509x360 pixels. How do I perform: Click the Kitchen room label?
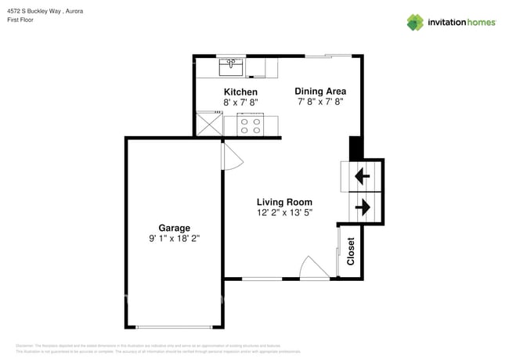pos(240,92)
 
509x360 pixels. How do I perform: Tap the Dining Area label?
pos(320,91)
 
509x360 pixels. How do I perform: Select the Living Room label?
pos(284,202)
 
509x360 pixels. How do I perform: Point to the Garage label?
pos(175,229)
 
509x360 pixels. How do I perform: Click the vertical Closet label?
pos(351,251)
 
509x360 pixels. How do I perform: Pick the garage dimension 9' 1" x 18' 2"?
pos(175,239)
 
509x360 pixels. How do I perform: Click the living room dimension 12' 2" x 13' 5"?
pos(284,212)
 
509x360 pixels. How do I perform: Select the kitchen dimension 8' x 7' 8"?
pos(240,102)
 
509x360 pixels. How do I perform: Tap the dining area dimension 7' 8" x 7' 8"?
pos(320,101)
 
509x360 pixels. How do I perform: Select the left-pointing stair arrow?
pos(363,176)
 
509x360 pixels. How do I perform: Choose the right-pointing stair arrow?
pos(363,207)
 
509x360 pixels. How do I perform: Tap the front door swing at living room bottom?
pos(315,268)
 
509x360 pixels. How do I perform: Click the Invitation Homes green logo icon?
pos(415,23)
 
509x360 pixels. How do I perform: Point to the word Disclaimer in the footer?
pos(25,345)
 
